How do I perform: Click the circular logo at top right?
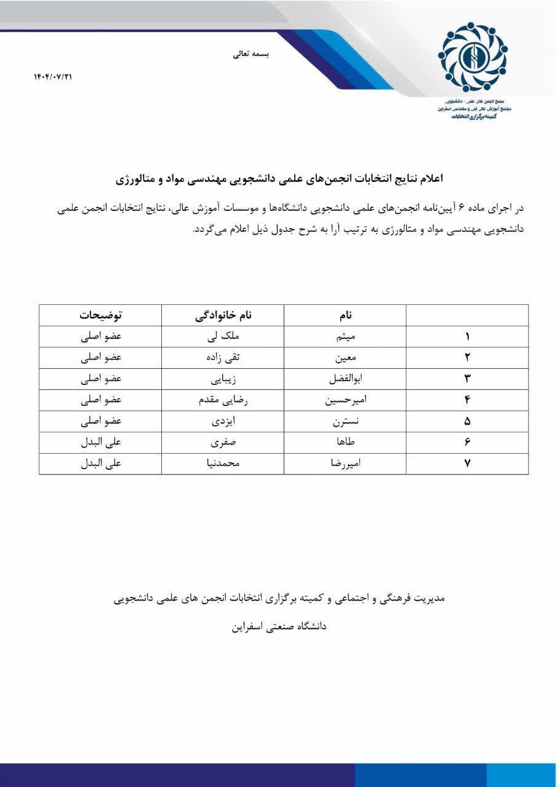pos(472,57)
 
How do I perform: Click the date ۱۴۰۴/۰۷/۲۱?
pos(53,77)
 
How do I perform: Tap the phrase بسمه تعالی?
pos(251,54)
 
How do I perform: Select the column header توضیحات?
pos(100,315)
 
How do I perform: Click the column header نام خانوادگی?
pos(223,315)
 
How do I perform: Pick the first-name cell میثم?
pos(345,336)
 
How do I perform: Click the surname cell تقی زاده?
pos(223,358)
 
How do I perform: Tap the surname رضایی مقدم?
pos(223,400)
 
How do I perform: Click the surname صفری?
pos(223,443)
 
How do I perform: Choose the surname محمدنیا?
pos(223,464)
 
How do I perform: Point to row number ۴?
pos(467,400)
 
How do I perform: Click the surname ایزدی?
pos(223,421)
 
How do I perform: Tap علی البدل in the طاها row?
pos(100,443)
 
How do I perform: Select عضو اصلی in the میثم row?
pos(100,336)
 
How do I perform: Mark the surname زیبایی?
pos(223,379)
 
